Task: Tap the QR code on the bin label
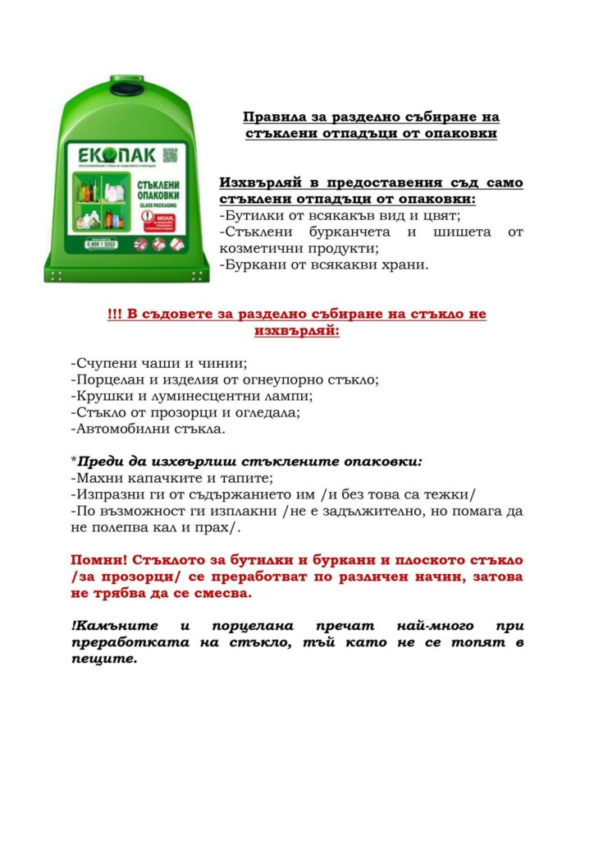click(170, 154)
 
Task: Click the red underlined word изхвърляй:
click(296, 331)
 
